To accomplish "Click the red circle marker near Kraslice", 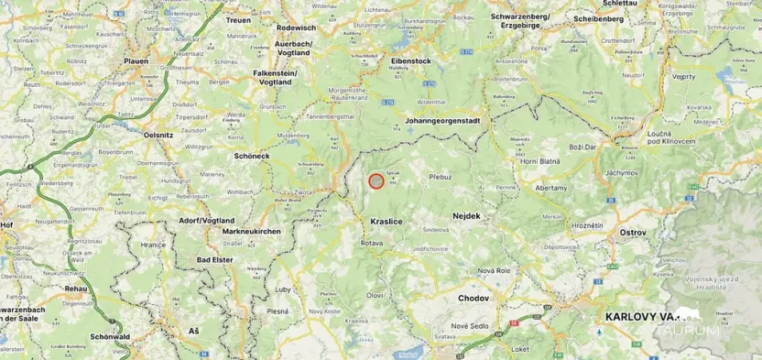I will click(x=376, y=181).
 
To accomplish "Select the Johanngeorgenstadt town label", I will click(x=442, y=120).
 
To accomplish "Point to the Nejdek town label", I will click(x=466, y=216).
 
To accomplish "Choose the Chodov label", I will click(x=474, y=298).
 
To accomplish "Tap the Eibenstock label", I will click(x=410, y=60).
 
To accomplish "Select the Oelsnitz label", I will click(x=158, y=135).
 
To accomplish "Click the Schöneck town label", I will click(x=253, y=156).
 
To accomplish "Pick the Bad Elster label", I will click(x=216, y=260).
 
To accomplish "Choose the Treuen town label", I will click(x=238, y=19).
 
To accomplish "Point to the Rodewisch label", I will click(x=296, y=27).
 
